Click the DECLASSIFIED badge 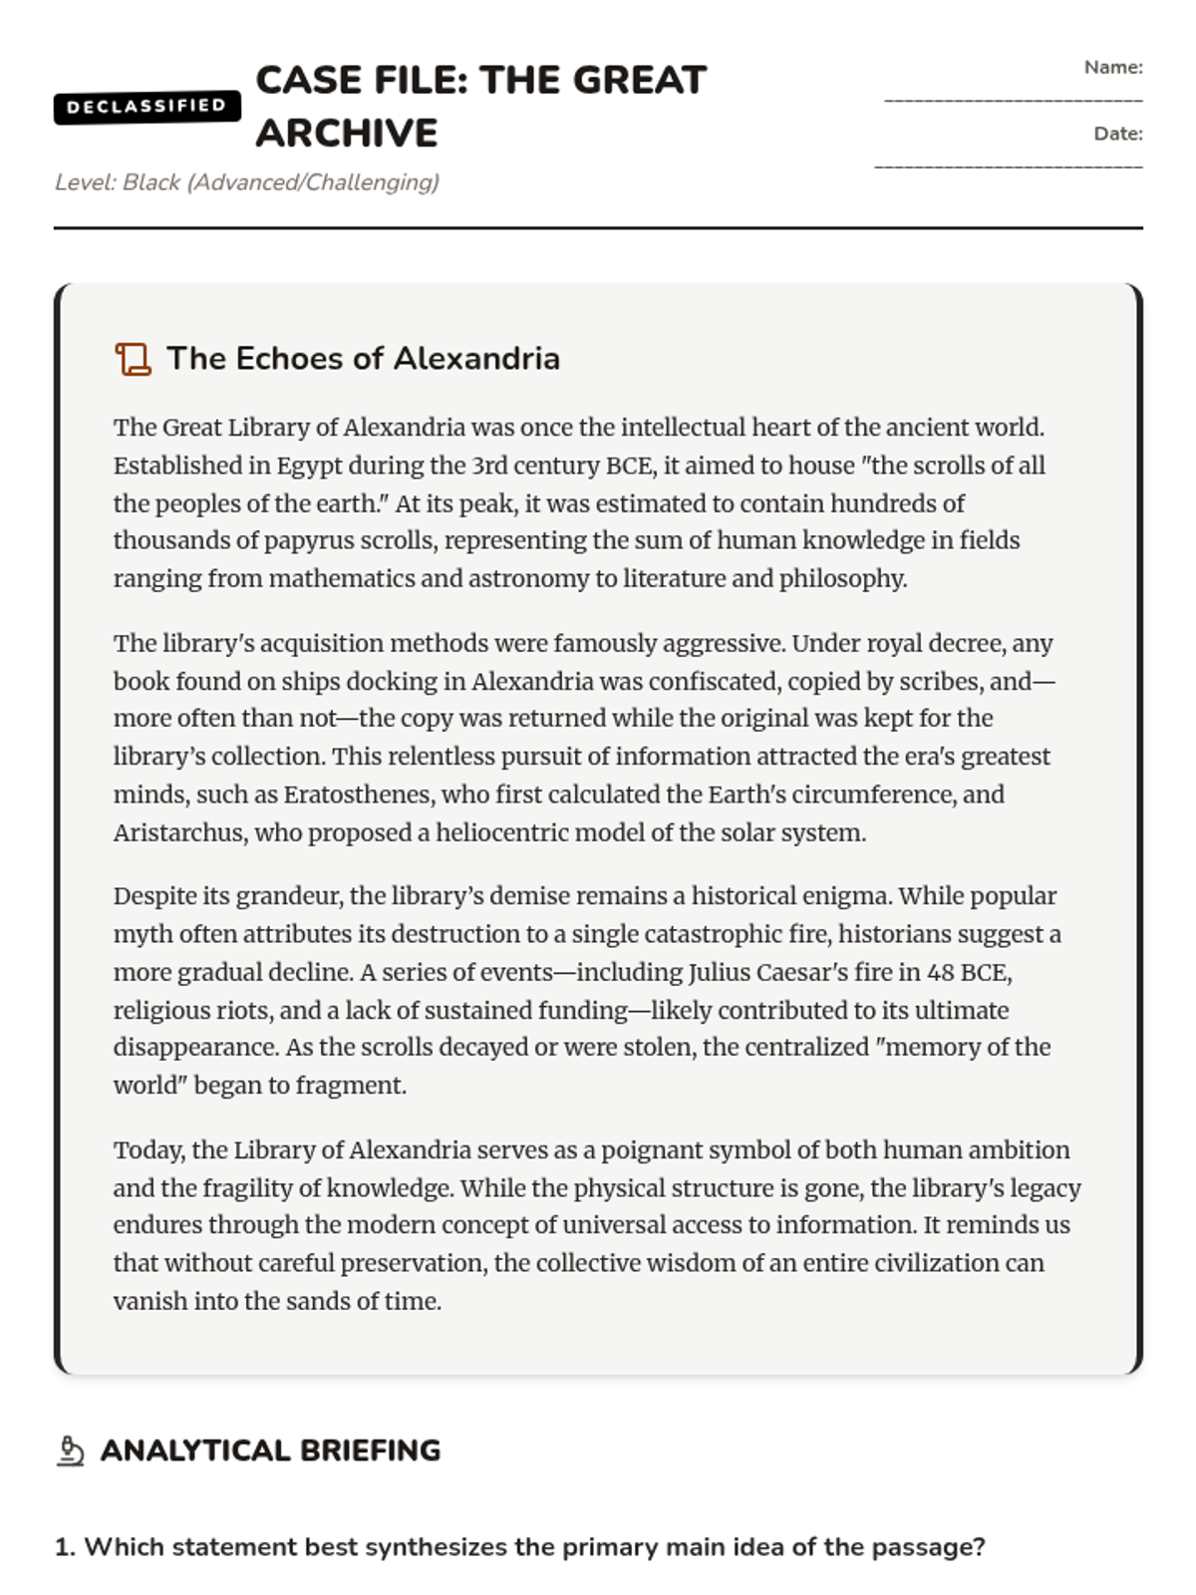pos(147,106)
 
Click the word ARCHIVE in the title pos(346,133)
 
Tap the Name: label pos(1113,68)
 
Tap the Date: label pos(1117,134)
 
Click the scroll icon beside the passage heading pos(133,359)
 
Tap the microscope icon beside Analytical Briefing pos(70,1450)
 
